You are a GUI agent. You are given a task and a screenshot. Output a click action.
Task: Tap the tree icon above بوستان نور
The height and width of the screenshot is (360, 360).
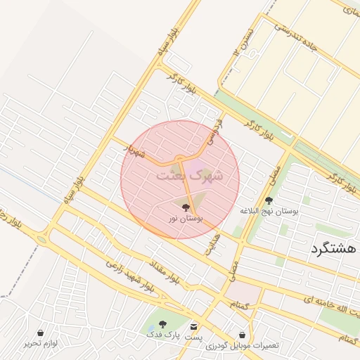(x=186, y=207)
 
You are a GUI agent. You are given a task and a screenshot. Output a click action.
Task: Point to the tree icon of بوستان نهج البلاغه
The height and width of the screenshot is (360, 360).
(x=269, y=200)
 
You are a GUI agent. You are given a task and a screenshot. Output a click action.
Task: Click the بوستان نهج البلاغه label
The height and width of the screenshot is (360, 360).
(x=269, y=211)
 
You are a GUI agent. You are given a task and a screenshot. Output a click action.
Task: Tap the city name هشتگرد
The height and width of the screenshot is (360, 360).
(x=334, y=249)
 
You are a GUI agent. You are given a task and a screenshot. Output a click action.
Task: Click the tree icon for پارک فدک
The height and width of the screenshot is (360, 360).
(x=162, y=325)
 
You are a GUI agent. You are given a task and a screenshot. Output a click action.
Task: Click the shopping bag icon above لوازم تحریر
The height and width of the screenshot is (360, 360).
(x=40, y=333)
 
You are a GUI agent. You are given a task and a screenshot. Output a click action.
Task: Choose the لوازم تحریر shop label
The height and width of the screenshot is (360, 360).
(x=40, y=343)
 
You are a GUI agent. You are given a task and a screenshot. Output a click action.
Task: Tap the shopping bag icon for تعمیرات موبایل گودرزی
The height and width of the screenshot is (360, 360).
(x=243, y=335)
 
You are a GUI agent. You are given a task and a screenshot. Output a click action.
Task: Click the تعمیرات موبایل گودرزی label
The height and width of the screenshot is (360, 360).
(x=243, y=346)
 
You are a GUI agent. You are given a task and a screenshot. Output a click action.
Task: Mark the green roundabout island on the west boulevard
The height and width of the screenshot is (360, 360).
(x=42, y=239)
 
